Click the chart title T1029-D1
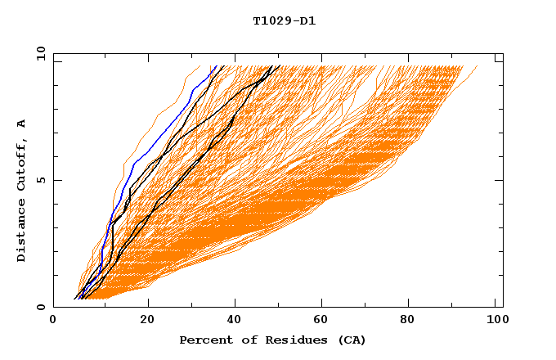tap(284, 21)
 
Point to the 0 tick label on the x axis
tap(53, 321)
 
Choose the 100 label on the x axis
tap(495, 321)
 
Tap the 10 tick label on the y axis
tap(38, 54)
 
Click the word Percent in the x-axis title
tap(202, 340)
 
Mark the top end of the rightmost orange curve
tap(478, 66)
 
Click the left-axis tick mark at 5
tap(56, 180)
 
